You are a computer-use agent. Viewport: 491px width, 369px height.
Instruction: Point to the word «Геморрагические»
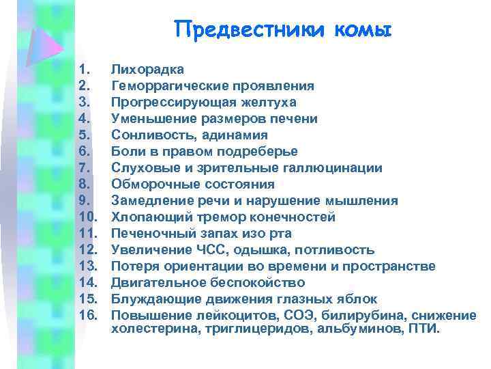[x=162, y=86]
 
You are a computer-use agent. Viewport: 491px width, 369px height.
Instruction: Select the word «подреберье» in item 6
[x=261, y=152]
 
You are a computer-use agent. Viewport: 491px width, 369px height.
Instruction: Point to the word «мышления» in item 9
[x=368, y=201]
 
